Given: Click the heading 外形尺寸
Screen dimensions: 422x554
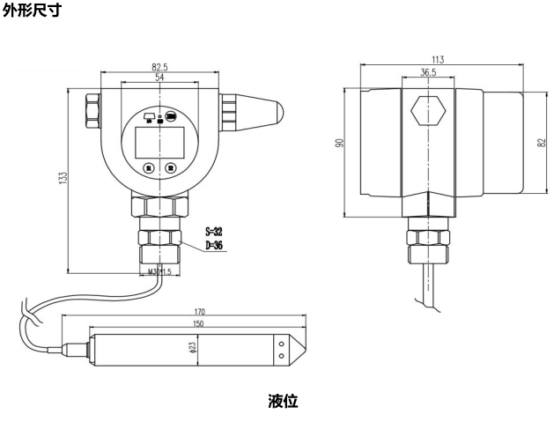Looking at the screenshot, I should (32, 11).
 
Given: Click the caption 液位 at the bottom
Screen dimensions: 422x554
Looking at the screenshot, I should (283, 402).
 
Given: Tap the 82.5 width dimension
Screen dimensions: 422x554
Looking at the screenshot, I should (160, 66).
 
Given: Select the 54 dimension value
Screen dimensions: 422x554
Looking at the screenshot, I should (159, 78).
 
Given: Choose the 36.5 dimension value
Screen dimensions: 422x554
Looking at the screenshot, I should (429, 73).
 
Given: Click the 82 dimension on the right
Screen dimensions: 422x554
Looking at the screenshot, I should (539, 143).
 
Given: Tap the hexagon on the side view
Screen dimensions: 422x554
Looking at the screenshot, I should (429, 112).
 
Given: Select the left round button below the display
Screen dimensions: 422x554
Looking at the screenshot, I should (149, 167).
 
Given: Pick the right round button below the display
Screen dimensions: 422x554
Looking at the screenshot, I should (171, 167).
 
